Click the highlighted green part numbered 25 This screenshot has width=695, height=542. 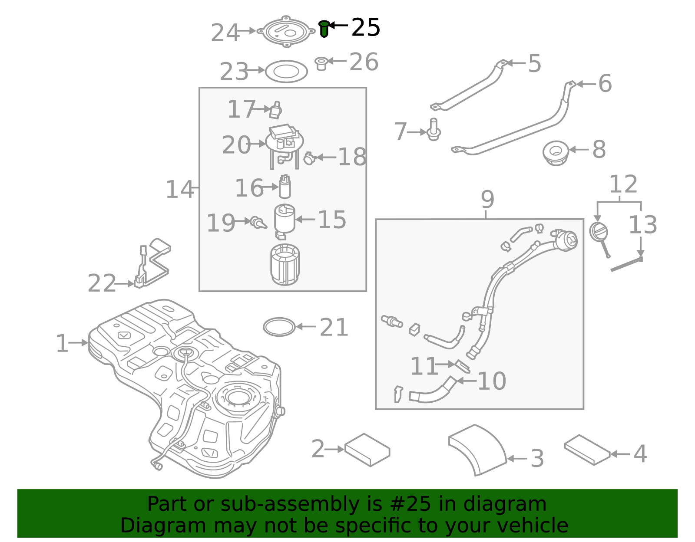click(324, 29)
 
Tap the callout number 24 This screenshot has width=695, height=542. click(225, 33)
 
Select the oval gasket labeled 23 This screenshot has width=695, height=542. click(286, 72)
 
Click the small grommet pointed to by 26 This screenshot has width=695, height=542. click(321, 63)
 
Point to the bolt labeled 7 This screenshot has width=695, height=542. click(434, 130)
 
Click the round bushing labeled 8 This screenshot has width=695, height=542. click(556, 153)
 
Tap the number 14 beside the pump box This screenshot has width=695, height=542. click(179, 190)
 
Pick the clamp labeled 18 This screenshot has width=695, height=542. click(309, 158)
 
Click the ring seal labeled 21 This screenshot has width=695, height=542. click(279, 327)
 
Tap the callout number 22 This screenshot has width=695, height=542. click(102, 283)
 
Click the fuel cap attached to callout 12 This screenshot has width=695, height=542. click(598, 232)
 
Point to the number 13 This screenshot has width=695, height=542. click(642, 225)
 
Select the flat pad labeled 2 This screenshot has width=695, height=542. click(367, 450)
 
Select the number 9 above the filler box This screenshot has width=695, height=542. click(487, 200)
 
